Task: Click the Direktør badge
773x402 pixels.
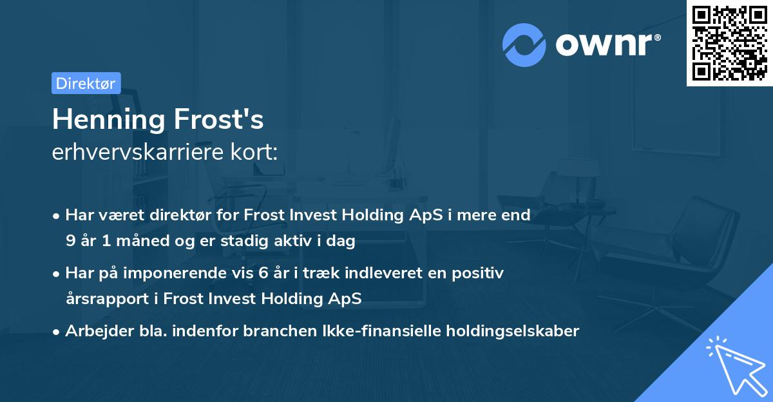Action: point(86,83)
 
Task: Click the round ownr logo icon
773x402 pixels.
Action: point(524,44)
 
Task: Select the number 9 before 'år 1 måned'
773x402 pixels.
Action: point(70,242)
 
